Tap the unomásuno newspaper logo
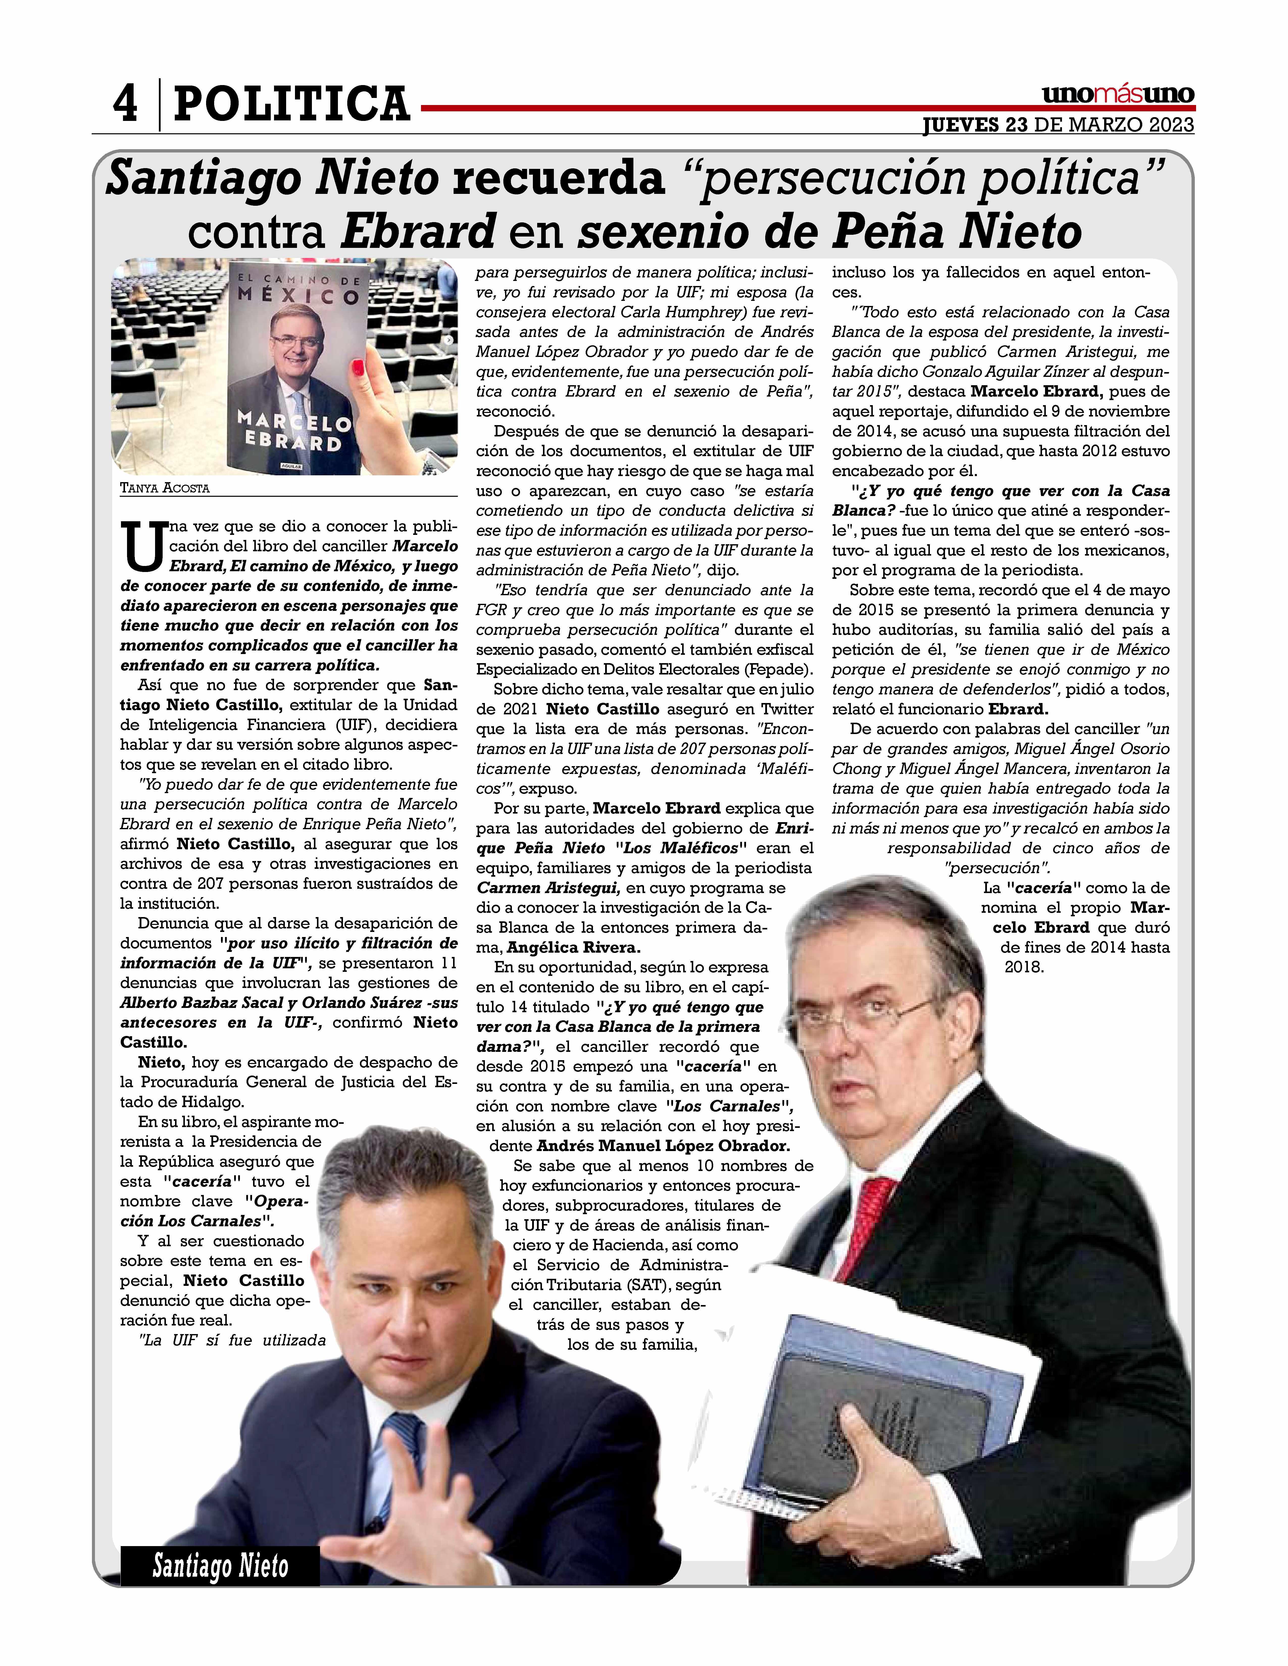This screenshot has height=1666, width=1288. click(1118, 95)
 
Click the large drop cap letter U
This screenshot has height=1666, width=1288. click(143, 546)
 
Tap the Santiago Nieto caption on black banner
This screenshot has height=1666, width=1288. click(220, 1566)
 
